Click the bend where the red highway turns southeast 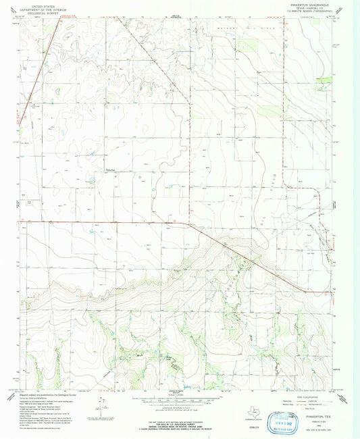tap(188, 223)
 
